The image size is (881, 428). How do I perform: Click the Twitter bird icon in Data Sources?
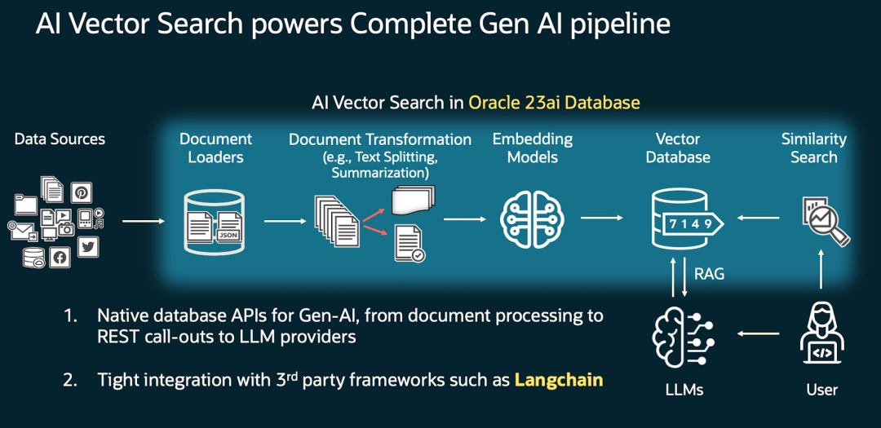click(x=87, y=247)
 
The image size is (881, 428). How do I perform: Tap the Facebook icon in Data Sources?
click(x=59, y=258)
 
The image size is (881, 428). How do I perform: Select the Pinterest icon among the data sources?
click(x=81, y=192)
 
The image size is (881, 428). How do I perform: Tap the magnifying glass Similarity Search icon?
click(x=825, y=220)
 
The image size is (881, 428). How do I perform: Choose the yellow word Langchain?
click(x=559, y=380)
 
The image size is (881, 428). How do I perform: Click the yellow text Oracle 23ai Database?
click(x=554, y=103)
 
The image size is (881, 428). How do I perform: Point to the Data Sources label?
click(x=60, y=139)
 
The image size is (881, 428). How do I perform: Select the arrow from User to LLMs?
click(x=760, y=334)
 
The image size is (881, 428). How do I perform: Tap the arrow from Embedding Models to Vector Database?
click(x=602, y=218)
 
